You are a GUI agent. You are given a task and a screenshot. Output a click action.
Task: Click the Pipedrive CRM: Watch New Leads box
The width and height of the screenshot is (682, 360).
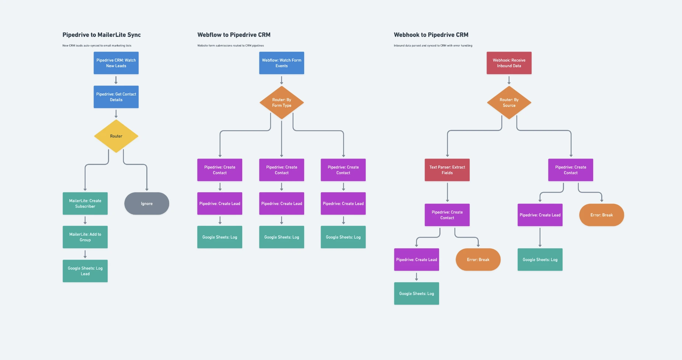click(x=116, y=63)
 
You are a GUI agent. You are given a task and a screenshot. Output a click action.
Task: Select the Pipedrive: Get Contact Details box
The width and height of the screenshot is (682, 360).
click(x=116, y=97)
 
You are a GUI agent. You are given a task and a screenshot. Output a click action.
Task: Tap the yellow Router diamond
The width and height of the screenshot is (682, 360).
click(x=116, y=136)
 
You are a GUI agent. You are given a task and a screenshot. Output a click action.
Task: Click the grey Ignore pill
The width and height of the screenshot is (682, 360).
click(x=147, y=204)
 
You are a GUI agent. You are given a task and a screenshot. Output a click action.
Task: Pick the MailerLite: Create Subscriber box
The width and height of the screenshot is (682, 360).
click(x=85, y=204)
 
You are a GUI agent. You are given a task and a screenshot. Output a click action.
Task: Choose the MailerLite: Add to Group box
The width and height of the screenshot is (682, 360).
click(x=85, y=237)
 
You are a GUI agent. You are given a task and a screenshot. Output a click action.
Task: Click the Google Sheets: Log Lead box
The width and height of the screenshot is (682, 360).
click(x=85, y=271)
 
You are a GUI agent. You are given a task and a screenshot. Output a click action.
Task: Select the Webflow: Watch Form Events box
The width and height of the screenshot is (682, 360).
click(x=282, y=63)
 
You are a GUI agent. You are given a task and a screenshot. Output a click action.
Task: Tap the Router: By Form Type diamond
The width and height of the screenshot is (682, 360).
click(x=282, y=103)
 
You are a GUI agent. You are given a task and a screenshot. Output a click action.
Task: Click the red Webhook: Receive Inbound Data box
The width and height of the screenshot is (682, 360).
click(x=509, y=63)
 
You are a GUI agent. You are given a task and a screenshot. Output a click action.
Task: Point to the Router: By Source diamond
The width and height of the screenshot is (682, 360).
click(x=509, y=103)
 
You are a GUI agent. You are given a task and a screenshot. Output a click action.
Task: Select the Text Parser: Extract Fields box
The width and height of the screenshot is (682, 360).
click(x=447, y=170)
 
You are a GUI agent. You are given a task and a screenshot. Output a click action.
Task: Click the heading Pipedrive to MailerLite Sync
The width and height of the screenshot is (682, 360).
click(x=102, y=35)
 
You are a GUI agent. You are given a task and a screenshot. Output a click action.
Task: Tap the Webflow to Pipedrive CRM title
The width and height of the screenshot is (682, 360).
click(x=234, y=35)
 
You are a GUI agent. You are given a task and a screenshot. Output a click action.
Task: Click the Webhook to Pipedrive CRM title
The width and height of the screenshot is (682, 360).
click(x=431, y=35)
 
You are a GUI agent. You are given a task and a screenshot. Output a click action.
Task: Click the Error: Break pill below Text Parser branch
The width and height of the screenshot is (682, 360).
click(x=478, y=260)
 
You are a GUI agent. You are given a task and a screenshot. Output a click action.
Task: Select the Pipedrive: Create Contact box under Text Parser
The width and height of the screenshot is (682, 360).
click(x=447, y=215)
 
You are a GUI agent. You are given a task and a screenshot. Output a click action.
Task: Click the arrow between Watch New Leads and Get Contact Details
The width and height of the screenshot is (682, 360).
click(x=116, y=80)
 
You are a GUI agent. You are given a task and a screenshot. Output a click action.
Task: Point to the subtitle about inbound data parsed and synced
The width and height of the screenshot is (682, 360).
click(x=433, y=46)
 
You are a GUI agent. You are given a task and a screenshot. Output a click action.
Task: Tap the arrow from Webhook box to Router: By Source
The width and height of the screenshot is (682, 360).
click(x=509, y=80)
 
